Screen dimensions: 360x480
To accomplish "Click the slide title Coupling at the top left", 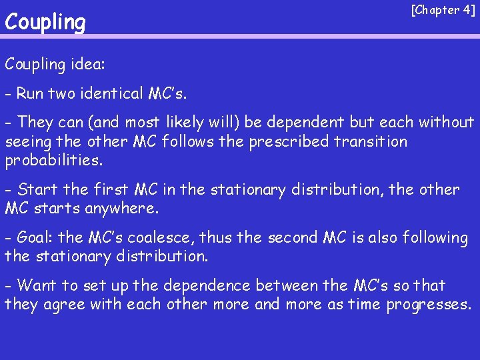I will coord(45,23).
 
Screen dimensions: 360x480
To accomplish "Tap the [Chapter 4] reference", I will coord(443,10).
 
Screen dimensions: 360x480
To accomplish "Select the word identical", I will coord(113,93).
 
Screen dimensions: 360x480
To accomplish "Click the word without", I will coord(446,123).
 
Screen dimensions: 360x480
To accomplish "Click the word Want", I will coord(37,286).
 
